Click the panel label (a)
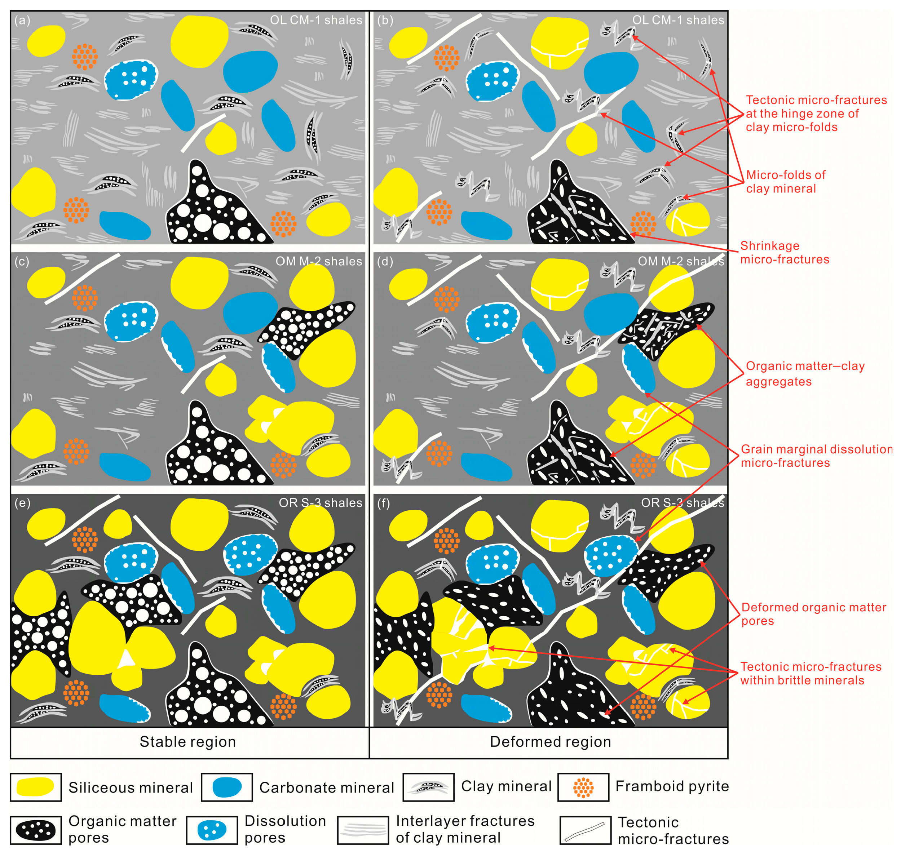point(22,21)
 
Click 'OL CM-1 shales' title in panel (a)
point(316,21)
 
